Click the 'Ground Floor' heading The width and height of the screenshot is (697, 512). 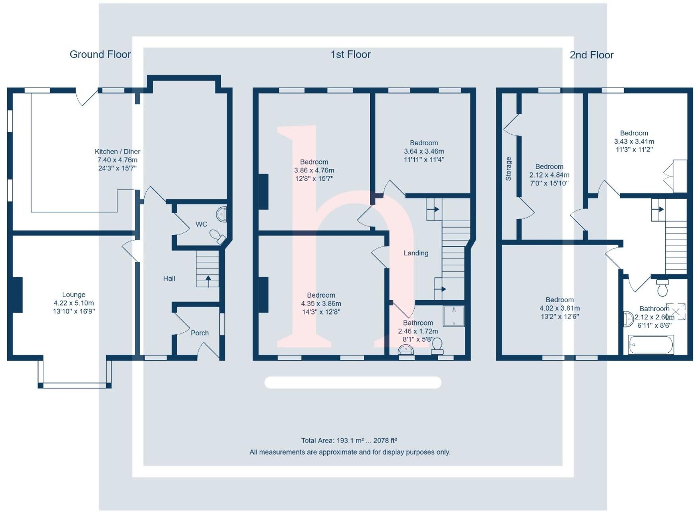click(x=100, y=54)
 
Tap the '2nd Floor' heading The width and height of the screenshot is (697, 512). click(x=591, y=55)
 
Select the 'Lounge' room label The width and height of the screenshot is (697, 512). click(x=74, y=294)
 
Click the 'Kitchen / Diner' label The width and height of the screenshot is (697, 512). click(x=117, y=151)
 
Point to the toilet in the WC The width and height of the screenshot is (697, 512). click(x=217, y=236)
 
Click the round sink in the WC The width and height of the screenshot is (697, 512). click(x=222, y=214)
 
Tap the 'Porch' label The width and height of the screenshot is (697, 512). click(x=200, y=333)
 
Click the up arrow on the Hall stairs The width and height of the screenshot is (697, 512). click(x=208, y=280)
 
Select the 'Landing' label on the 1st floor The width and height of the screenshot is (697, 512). click(x=416, y=253)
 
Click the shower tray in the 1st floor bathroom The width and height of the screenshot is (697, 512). click(x=454, y=316)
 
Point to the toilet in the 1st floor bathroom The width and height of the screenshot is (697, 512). click(x=437, y=345)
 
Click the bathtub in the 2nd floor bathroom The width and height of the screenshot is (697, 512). click(x=650, y=344)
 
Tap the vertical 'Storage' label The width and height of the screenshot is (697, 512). click(x=509, y=169)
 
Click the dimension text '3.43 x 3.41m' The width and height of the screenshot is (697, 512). click(x=634, y=141)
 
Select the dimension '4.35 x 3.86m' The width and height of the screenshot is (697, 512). click(x=321, y=303)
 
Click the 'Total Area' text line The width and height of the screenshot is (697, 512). click(x=349, y=441)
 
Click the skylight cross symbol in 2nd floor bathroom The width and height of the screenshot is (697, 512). click(x=676, y=311)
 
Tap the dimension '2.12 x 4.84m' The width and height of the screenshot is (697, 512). click(x=549, y=175)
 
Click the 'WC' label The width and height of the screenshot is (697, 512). click(x=201, y=224)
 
